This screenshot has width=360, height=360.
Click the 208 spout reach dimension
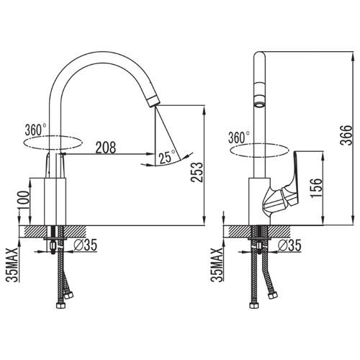(106, 148)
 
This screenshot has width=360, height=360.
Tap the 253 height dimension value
(197, 172)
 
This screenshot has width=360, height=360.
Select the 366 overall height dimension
(346, 135)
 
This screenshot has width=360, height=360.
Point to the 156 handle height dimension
(316, 188)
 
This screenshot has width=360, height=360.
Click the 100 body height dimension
(24, 200)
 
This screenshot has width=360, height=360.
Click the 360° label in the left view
(36, 130)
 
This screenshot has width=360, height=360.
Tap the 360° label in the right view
(239, 138)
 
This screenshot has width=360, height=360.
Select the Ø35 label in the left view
(86, 245)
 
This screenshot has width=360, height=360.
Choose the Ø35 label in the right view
(289, 245)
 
